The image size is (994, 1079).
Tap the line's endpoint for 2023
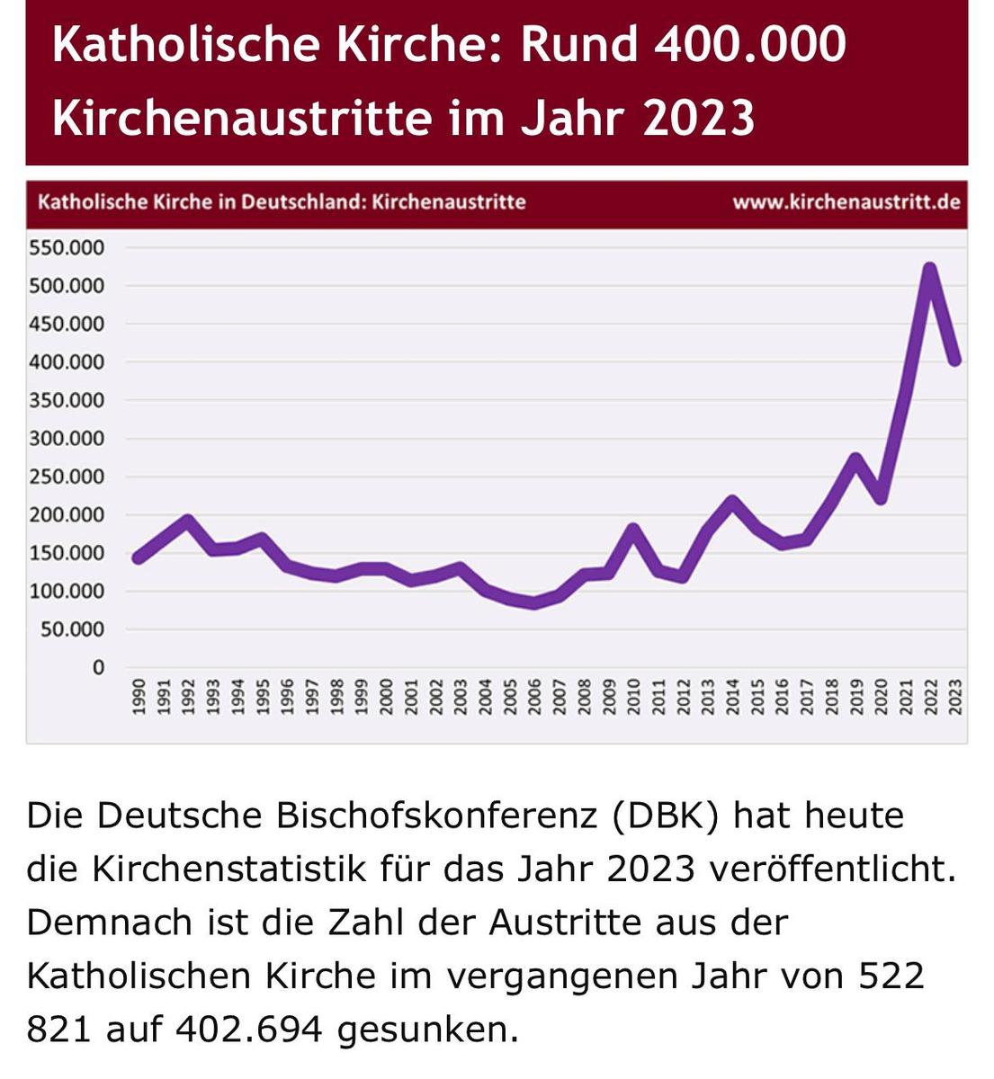[x=955, y=360]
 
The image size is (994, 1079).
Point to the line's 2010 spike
[x=633, y=529]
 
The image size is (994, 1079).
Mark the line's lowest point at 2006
[x=534, y=603]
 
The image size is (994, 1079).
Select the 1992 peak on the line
[x=187, y=520]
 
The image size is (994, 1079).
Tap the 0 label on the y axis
[x=97, y=667]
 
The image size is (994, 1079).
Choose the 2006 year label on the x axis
[x=534, y=698]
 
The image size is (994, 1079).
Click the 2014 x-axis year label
[x=732, y=698]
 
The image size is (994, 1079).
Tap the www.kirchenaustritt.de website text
[x=846, y=201]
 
